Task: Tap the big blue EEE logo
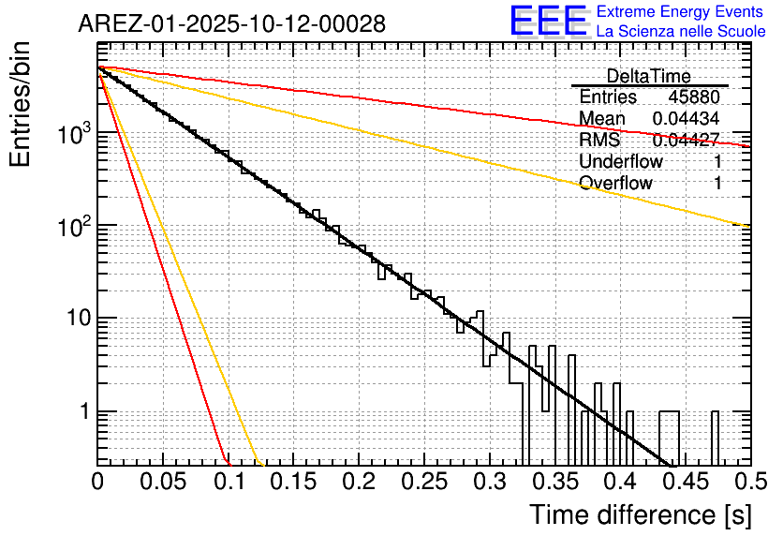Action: point(548,23)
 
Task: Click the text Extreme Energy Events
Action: point(680,12)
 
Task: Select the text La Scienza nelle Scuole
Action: point(680,32)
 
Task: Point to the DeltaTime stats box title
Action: point(649,76)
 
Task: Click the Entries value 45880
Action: point(694,97)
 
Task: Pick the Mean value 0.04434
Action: point(686,119)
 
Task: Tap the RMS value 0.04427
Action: point(686,141)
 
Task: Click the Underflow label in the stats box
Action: point(621,162)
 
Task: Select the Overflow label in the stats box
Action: point(615,184)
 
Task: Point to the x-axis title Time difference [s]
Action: point(640,514)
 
